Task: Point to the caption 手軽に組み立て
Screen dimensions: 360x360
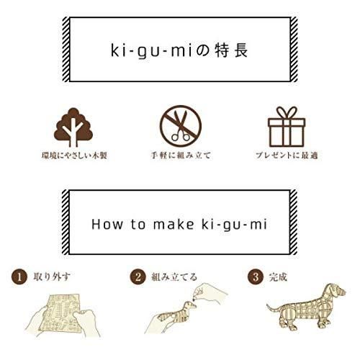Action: tap(181, 156)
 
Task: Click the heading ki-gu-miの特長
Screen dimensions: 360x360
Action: tap(180, 52)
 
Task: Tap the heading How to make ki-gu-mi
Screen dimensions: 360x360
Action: tap(180, 223)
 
